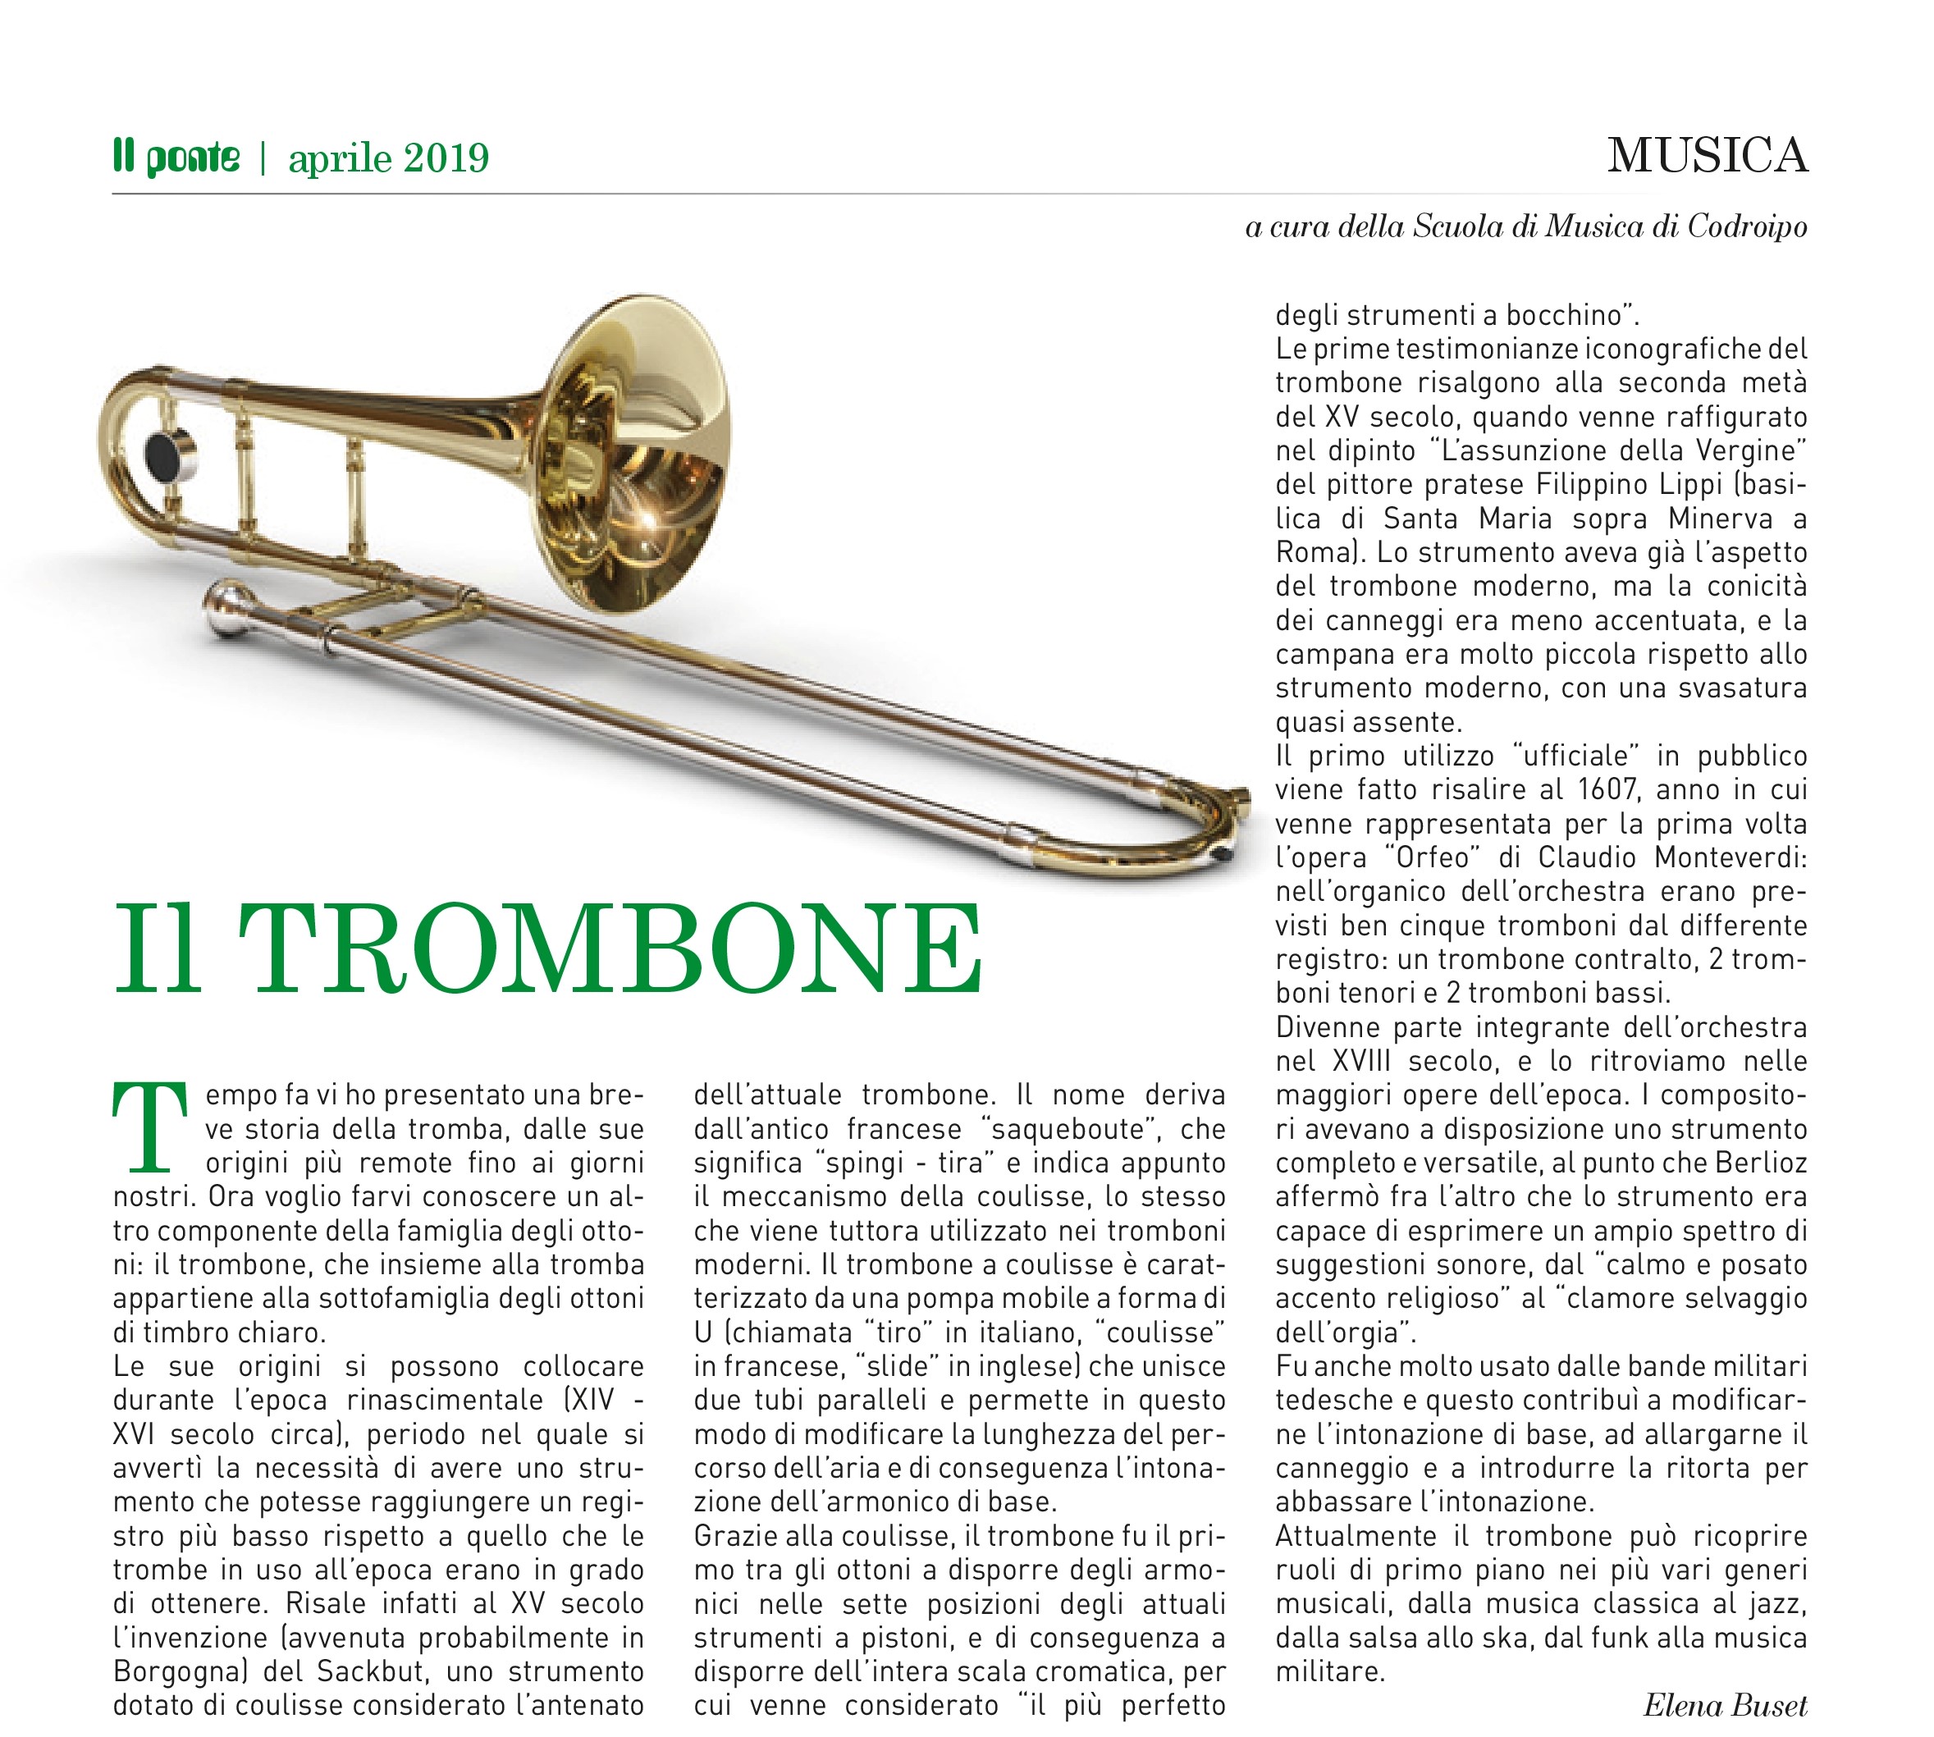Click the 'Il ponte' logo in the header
(x=176, y=158)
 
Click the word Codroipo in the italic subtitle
(x=1746, y=227)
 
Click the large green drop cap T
(x=149, y=1127)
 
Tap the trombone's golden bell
(x=635, y=454)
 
